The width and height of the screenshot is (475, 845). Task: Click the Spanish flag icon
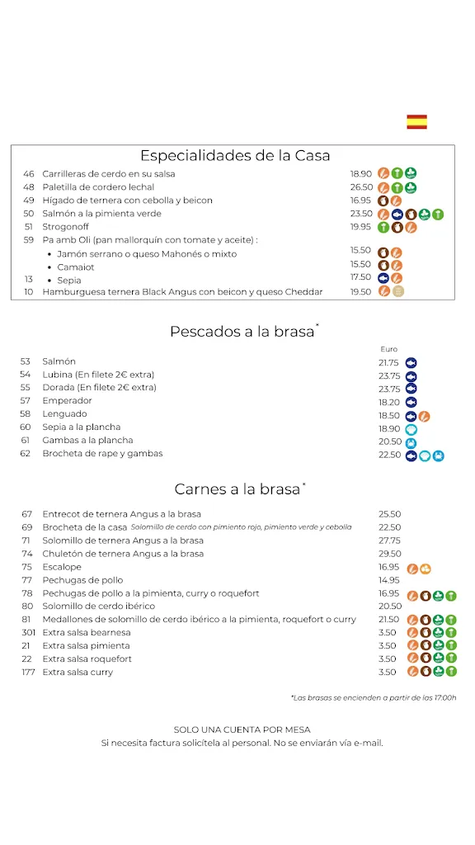(x=416, y=122)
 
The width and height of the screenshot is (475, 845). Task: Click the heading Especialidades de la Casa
(x=235, y=155)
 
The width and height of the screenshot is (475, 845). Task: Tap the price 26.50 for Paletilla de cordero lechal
(x=360, y=187)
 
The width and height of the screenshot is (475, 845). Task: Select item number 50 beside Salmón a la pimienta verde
(x=28, y=214)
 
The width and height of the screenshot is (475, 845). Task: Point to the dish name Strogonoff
(x=67, y=227)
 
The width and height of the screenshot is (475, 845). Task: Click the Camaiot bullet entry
(x=76, y=267)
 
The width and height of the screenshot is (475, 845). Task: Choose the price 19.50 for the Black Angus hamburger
(x=360, y=292)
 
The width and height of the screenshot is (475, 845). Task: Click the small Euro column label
(x=388, y=349)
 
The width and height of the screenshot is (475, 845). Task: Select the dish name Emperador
(x=67, y=401)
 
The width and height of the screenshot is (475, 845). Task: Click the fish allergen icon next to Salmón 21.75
(x=411, y=362)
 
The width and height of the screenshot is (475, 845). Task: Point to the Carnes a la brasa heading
(x=237, y=489)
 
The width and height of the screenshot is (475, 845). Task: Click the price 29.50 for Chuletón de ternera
(x=389, y=554)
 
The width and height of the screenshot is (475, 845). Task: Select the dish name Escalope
(x=62, y=567)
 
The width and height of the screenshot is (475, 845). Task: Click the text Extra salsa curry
(x=78, y=673)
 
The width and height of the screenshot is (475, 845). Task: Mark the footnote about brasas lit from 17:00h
(x=373, y=698)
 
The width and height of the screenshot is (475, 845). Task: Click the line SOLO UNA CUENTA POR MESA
(x=242, y=729)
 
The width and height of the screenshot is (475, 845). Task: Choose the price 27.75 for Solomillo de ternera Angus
(x=389, y=541)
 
